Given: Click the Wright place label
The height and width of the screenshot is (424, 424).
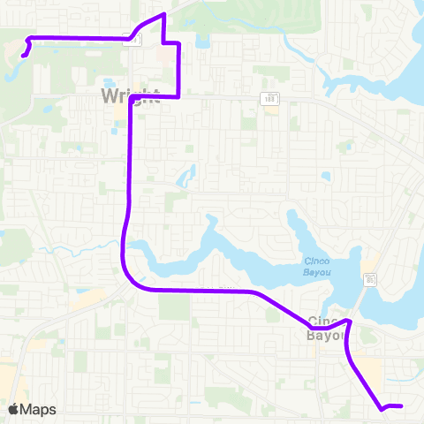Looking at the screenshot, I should pos(130,95).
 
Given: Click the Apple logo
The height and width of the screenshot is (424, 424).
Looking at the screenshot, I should pos(12,409).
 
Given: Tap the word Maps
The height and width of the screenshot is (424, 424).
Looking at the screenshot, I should pos(38,409).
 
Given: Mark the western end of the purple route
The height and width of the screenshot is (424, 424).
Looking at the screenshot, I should pos(22,56).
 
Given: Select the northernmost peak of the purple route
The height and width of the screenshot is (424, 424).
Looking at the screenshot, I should pos(164,15).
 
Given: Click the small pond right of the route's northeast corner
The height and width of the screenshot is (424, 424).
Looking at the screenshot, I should pos(202,41).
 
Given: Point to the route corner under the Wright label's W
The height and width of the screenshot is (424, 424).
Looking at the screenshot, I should pos(131,99).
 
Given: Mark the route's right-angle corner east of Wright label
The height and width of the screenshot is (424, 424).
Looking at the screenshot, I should pos(179,98).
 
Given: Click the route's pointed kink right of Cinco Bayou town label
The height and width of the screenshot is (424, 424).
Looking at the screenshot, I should pos(350,321).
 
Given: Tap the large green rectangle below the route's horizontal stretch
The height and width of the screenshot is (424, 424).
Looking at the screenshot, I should pos(174,307).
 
